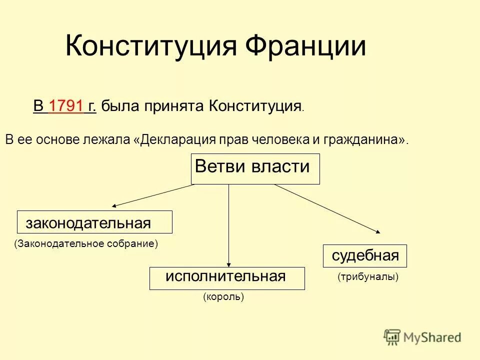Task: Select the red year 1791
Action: (66, 106)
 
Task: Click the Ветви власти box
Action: (255, 169)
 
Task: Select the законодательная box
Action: (94, 222)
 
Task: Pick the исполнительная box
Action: (227, 278)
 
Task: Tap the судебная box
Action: (365, 256)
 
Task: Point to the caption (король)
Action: (223, 297)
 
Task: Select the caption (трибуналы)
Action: (368, 276)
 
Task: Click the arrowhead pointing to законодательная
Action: (115, 205)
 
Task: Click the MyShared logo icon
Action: (392, 337)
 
